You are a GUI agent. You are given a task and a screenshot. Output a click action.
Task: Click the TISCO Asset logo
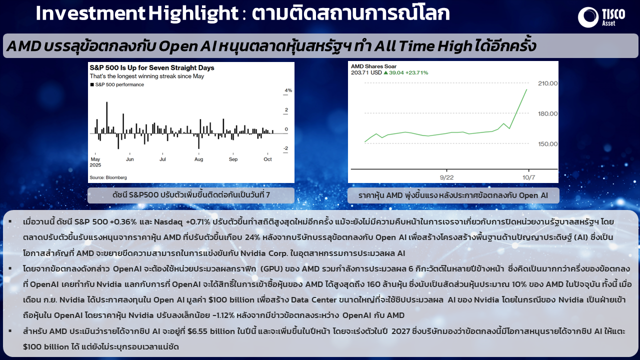pyautogui.click(x=601, y=17)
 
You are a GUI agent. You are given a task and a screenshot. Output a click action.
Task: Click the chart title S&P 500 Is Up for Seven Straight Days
pyautogui.click(x=151, y=67)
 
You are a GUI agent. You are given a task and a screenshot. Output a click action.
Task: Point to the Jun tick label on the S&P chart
pyautogui.click(x=129, y=159)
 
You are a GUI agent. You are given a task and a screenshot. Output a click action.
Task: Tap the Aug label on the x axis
pyautogui.click(x=198, y=159)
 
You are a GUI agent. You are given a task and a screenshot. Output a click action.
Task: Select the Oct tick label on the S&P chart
pyautogui.click(x=267, y=159)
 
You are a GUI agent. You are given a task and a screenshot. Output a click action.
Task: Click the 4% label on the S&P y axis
pyautogui.click(x=288, y=90)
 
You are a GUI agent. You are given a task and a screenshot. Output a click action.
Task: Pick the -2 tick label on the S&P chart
pyautogui.click(x=285, y=148)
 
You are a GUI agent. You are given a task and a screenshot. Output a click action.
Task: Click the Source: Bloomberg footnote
pyautogui.click(x=108, y=177)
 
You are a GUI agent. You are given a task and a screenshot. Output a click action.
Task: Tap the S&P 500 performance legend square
pyautogui.click(x=92, y=84)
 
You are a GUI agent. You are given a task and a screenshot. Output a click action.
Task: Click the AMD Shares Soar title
pyautogui.click(x=373, y=66)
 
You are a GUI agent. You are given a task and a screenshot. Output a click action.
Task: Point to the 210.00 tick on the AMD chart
pyautogui.click(x=547, y=83)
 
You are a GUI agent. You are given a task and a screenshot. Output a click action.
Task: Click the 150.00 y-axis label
pyautogui.click(x=547, y=144)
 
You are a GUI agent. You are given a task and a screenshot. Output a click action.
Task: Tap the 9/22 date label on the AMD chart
pyautogui.click(x=446, y=177)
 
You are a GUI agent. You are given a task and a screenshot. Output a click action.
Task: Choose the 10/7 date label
pyautogui.click(x=528, y=177)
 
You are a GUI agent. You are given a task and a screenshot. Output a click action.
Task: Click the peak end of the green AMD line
pyautogui.click(x=526, y=89)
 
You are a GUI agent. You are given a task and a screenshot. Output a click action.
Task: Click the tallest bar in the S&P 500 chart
pyautogui.click(x=107, y=117)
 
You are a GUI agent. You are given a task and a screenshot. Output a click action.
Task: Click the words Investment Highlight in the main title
pyautogui.click(x=137, y=13)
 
